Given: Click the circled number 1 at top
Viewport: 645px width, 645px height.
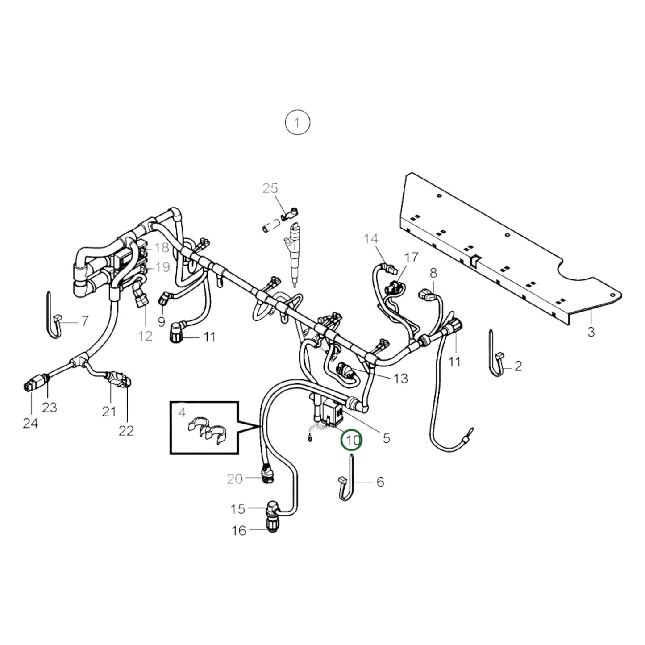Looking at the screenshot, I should (297, 122).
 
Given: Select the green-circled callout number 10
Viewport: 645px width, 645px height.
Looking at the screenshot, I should (352, 440).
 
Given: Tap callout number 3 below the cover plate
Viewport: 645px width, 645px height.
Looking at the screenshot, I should (591, 332).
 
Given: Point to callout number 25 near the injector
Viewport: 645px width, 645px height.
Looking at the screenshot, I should (270, 188).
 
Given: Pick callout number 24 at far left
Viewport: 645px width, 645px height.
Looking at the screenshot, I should (30, 423).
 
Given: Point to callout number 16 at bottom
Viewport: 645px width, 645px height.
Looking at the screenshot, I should (239, 530).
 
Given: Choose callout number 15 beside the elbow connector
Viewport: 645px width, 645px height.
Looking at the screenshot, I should (238, 508).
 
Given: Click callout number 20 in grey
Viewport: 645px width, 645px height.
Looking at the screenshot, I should (234, 479).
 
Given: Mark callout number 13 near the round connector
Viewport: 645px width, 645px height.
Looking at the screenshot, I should (401, 379).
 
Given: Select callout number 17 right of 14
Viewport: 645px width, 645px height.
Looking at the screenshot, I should (412, 258).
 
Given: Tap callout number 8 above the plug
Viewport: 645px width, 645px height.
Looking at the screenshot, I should (433, 273).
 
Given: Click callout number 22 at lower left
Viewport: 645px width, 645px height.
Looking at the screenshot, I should (126, 431).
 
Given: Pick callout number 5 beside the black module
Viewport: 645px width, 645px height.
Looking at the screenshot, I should (386, 438).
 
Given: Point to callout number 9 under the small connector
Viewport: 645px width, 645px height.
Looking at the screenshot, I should (161, 321).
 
